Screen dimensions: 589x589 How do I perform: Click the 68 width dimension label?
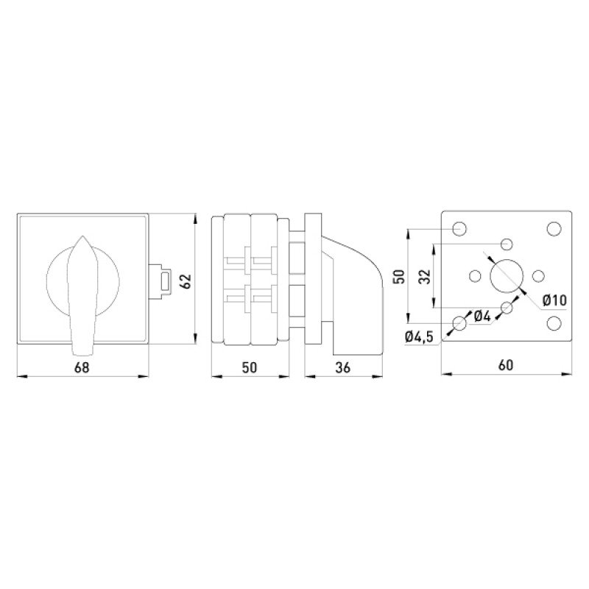pos(82,367)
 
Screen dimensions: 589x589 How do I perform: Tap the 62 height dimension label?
pos(187,281)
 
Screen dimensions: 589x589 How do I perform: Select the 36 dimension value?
pos(342,367)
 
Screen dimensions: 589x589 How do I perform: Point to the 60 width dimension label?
pos(506,364)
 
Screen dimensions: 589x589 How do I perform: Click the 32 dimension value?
pos(425,277)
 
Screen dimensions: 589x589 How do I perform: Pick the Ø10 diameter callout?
pos(555,300)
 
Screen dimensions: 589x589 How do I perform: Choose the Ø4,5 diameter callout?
pos(419,336)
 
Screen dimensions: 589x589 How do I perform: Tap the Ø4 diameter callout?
pos(482,317)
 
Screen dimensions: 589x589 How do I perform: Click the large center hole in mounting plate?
pos(507,276)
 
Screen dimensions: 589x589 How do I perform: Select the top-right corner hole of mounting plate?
pos(554,229)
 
